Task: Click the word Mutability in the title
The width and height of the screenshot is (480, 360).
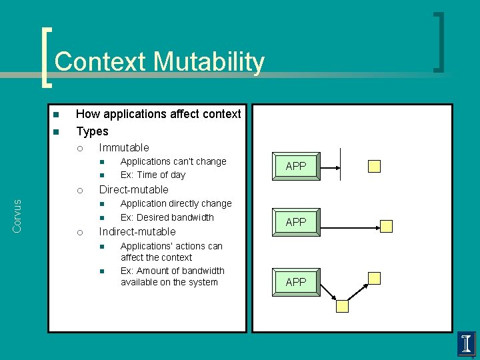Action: (209, 63)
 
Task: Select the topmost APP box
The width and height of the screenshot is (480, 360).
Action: (295, 166)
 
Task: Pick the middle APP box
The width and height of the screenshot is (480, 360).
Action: (295, 222)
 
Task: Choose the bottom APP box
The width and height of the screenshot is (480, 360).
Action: (295, 282)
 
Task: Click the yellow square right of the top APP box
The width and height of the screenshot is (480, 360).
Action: (375, 166)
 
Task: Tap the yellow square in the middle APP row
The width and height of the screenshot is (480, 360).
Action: (387, 226)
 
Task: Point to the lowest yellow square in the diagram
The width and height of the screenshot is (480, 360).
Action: (342, 306)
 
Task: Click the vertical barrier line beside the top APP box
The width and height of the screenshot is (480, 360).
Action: (341, 164)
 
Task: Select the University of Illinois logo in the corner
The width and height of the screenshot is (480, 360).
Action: (467, 344)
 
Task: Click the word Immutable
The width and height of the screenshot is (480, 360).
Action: (124, 147)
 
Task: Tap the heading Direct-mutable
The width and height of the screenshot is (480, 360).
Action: (133, 189)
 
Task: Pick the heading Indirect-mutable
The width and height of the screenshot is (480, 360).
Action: (137, 231)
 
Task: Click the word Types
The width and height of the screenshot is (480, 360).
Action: (92, 131)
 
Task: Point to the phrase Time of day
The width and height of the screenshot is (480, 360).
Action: (163, 175)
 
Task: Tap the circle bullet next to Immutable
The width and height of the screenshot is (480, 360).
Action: (79, 148)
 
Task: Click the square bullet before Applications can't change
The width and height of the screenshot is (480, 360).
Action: (103, 162)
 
